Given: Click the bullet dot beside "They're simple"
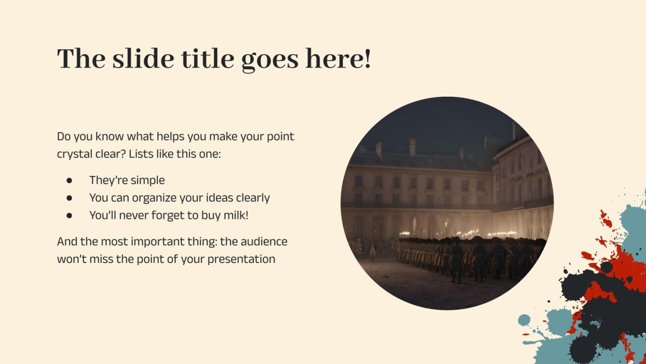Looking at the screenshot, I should [69, 180].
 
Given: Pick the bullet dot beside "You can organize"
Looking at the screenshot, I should [69, 198].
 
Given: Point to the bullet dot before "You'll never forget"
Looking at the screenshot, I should [69, 216].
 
